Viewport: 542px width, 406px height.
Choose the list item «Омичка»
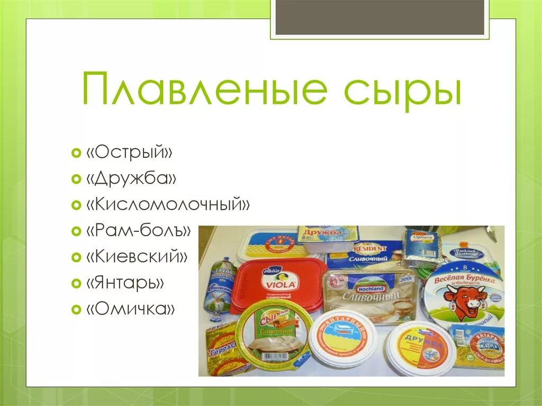point(131,309)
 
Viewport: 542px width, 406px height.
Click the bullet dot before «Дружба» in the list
point(75,179)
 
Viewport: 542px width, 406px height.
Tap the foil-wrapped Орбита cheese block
point(421,248)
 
